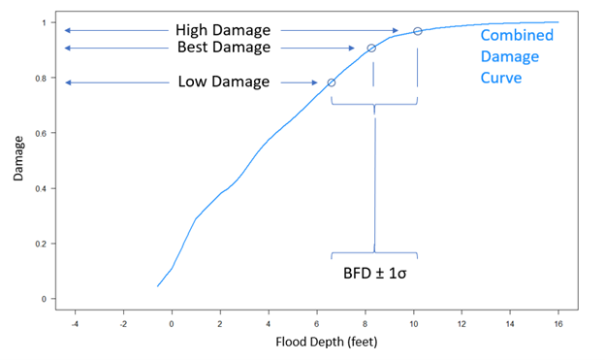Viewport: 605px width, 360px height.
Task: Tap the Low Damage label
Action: tap(224, 82)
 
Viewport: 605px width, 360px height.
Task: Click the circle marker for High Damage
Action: tap(418, 31)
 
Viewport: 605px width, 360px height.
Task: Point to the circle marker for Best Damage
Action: tap(371, 49)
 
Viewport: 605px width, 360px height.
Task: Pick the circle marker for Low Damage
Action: tap(332, 82)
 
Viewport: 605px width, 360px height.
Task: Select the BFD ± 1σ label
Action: tap(373, 273)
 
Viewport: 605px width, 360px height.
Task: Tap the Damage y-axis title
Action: tap(19, 160)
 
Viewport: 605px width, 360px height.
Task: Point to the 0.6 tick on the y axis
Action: tap(39, 133)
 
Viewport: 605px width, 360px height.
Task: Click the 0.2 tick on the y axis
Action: tap(39, 244)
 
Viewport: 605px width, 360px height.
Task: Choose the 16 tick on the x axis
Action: tap(557, 314)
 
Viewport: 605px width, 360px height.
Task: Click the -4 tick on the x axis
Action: tap(73, 314)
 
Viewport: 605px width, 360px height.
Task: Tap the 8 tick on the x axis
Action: tap(366, 314)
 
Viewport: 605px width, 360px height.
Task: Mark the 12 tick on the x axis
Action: tap(462, 314)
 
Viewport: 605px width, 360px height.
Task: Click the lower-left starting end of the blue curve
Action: tap(158, 286)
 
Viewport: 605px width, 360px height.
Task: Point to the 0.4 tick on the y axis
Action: tap(39, 188)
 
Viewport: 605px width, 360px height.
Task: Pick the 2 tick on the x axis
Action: tap(220, 314)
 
